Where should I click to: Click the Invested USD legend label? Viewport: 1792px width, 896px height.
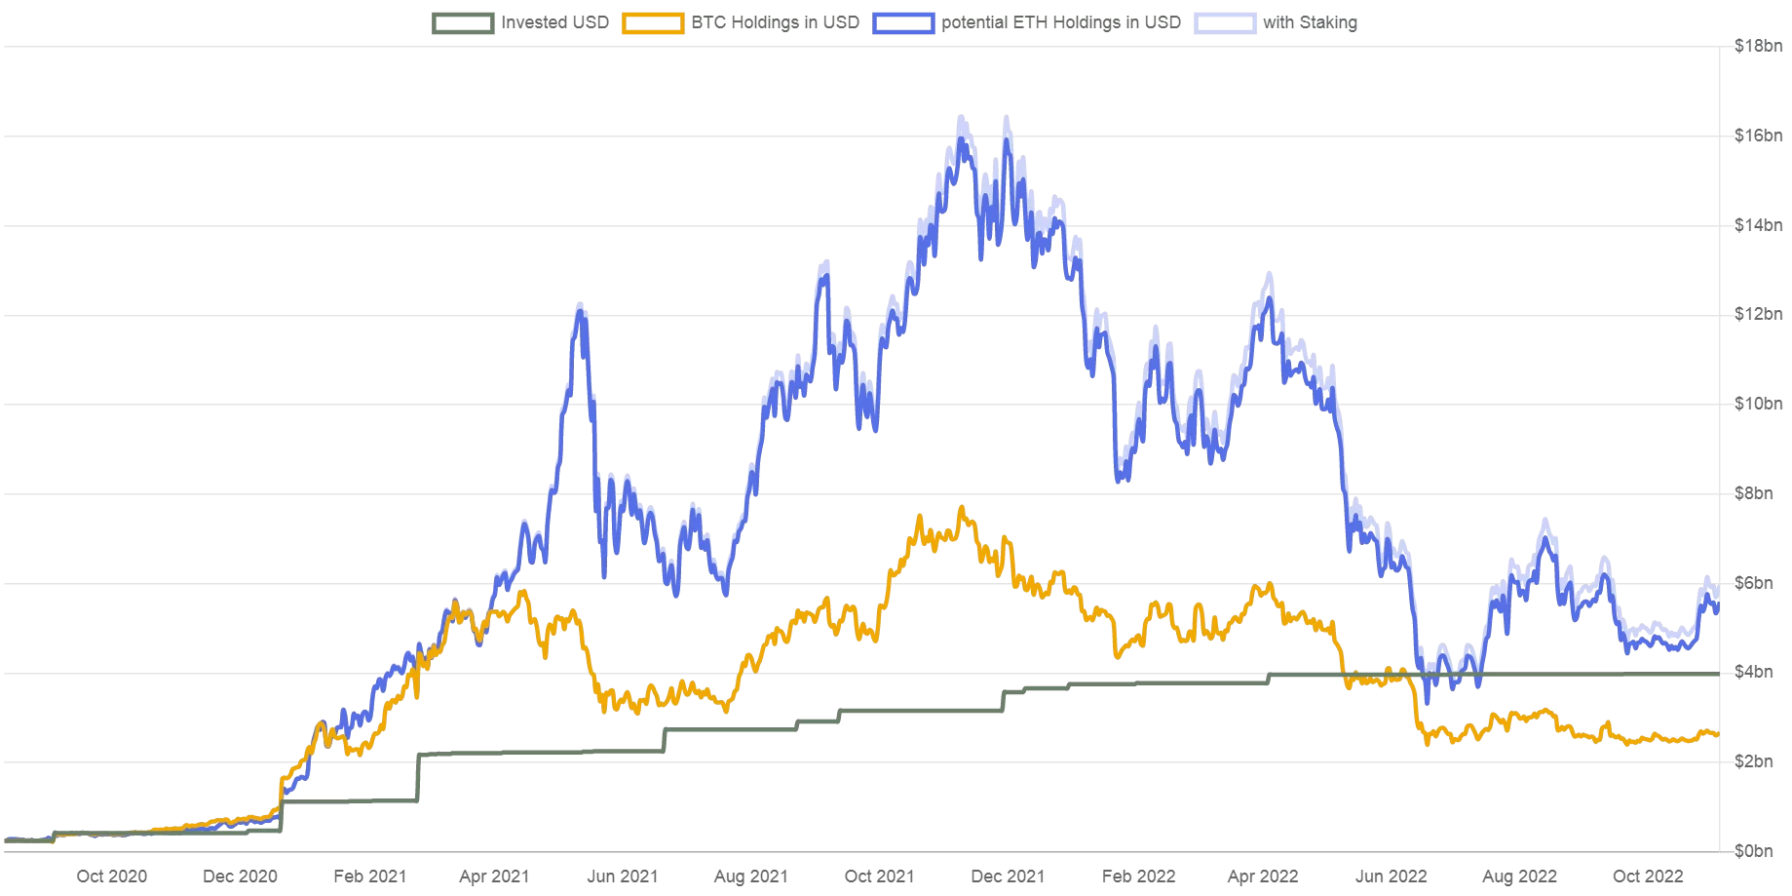pyautogui.click(x=554, y=22)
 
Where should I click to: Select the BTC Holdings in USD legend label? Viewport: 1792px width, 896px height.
pyautogui.click(x=775, y=22)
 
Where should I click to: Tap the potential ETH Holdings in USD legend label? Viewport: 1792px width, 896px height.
pyautogui.click(x=1060, y=22)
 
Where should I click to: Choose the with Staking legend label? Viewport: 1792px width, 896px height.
pyautogui.click(x=1310, y=22)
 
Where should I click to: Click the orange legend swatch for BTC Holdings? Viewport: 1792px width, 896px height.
pyautogui.click(x=653, y=22)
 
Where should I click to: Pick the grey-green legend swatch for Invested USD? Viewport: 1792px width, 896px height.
pyautogui.click(x=463, y=22)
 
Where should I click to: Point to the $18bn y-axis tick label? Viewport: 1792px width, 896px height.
pyautogui.click(x=1758, y=46)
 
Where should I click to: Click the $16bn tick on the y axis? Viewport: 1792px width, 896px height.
pyautogui.click(x=1758, y=136)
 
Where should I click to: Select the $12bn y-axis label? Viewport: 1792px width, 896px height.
pyautogui.click(x=1758, y=314)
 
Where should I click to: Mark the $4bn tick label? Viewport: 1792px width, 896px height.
pyautogui.click(x=1753, y=672)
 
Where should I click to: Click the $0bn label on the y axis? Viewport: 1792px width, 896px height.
pyautogui.click(x=1753, y=851)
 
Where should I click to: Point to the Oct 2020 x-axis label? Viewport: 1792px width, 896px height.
pyautogui.click(x=112, y=877)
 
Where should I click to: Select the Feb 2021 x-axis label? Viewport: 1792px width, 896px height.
pyautogui.click(x=369, y=877)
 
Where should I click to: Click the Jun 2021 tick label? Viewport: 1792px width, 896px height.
pyautogui.click(x=622, y=877)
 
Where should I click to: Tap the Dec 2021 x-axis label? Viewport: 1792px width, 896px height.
pyautogui.click(x=1008, y=877)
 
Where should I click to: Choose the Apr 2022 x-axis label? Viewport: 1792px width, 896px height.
pyautogui.click(x=1263, y=877)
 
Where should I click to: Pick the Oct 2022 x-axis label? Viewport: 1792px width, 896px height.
pyautogui.click(x=1648, y=877)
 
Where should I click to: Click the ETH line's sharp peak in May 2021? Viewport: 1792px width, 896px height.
pyautogui.click(x=581, y=306)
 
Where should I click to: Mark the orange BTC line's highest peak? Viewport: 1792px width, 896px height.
pyautogui.click(x=962, y=508)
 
